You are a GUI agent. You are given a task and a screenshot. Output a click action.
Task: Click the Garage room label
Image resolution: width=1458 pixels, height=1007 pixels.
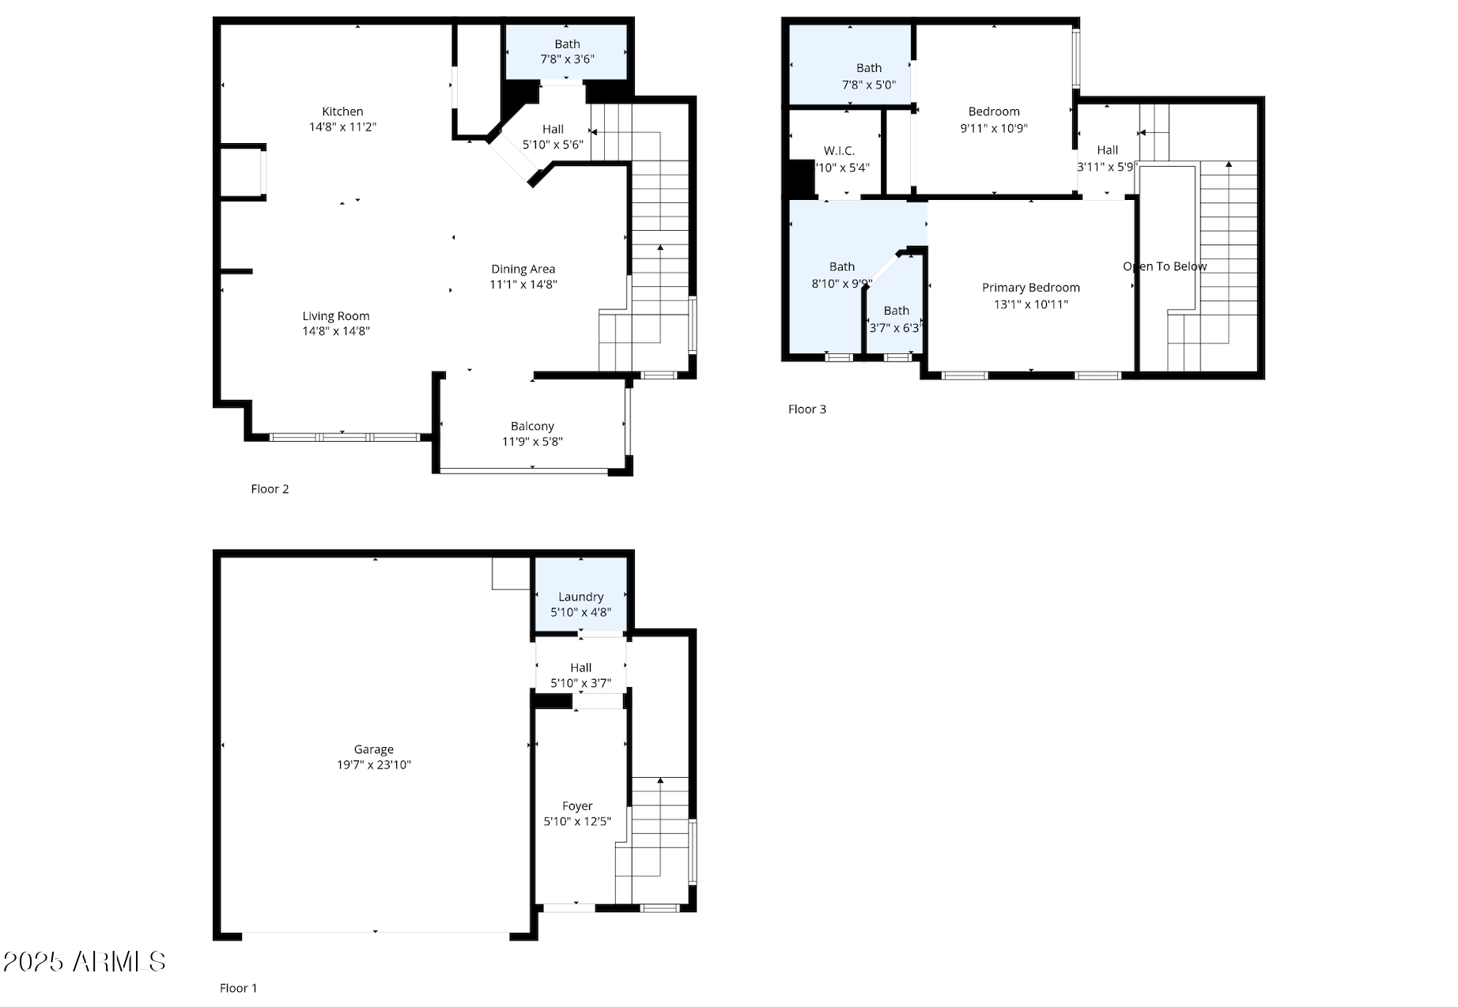[373, 749]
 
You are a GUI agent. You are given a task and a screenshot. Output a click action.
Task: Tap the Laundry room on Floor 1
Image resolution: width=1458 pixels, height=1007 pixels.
[580, 604]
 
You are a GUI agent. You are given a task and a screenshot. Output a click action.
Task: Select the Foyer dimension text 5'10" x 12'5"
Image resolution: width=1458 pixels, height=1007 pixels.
[577, 821]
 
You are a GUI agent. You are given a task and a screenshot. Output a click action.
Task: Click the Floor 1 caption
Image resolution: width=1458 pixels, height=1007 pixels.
[238, 988]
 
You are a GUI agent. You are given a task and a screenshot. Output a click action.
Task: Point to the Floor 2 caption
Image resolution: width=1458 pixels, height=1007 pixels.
[270, 489]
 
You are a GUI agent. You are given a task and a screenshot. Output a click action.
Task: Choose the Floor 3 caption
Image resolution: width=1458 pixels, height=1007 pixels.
[806, 409]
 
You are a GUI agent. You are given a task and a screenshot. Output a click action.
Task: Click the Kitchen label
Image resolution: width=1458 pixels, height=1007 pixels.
[342, 111]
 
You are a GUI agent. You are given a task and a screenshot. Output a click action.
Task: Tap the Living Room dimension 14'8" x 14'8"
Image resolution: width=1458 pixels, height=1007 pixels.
[336, 331]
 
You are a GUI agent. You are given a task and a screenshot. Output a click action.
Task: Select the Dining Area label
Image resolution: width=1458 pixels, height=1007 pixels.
[523, 269]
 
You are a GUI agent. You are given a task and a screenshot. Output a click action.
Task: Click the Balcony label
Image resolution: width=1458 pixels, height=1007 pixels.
[532, 426]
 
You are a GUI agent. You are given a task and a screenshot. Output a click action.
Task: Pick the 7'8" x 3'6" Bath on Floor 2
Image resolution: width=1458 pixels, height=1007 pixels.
[567, 51]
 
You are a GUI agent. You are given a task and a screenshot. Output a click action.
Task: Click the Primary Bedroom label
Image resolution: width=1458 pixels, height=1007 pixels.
[1030, 288]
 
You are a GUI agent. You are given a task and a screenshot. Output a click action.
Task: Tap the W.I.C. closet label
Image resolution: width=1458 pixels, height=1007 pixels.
[839, 151]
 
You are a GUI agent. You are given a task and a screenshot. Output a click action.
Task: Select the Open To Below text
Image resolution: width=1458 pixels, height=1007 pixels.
[1165, 266]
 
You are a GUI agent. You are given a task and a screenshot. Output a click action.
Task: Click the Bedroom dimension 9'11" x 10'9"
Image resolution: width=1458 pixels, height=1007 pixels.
[994, 128]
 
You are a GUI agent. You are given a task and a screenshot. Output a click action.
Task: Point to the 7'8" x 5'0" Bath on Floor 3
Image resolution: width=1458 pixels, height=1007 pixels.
[868, 76]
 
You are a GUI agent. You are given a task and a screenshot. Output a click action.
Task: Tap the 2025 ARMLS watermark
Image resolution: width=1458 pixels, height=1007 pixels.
[84, 962]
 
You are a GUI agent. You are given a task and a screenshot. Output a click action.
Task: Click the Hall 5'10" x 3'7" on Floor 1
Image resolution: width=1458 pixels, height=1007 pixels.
[580, 675]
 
